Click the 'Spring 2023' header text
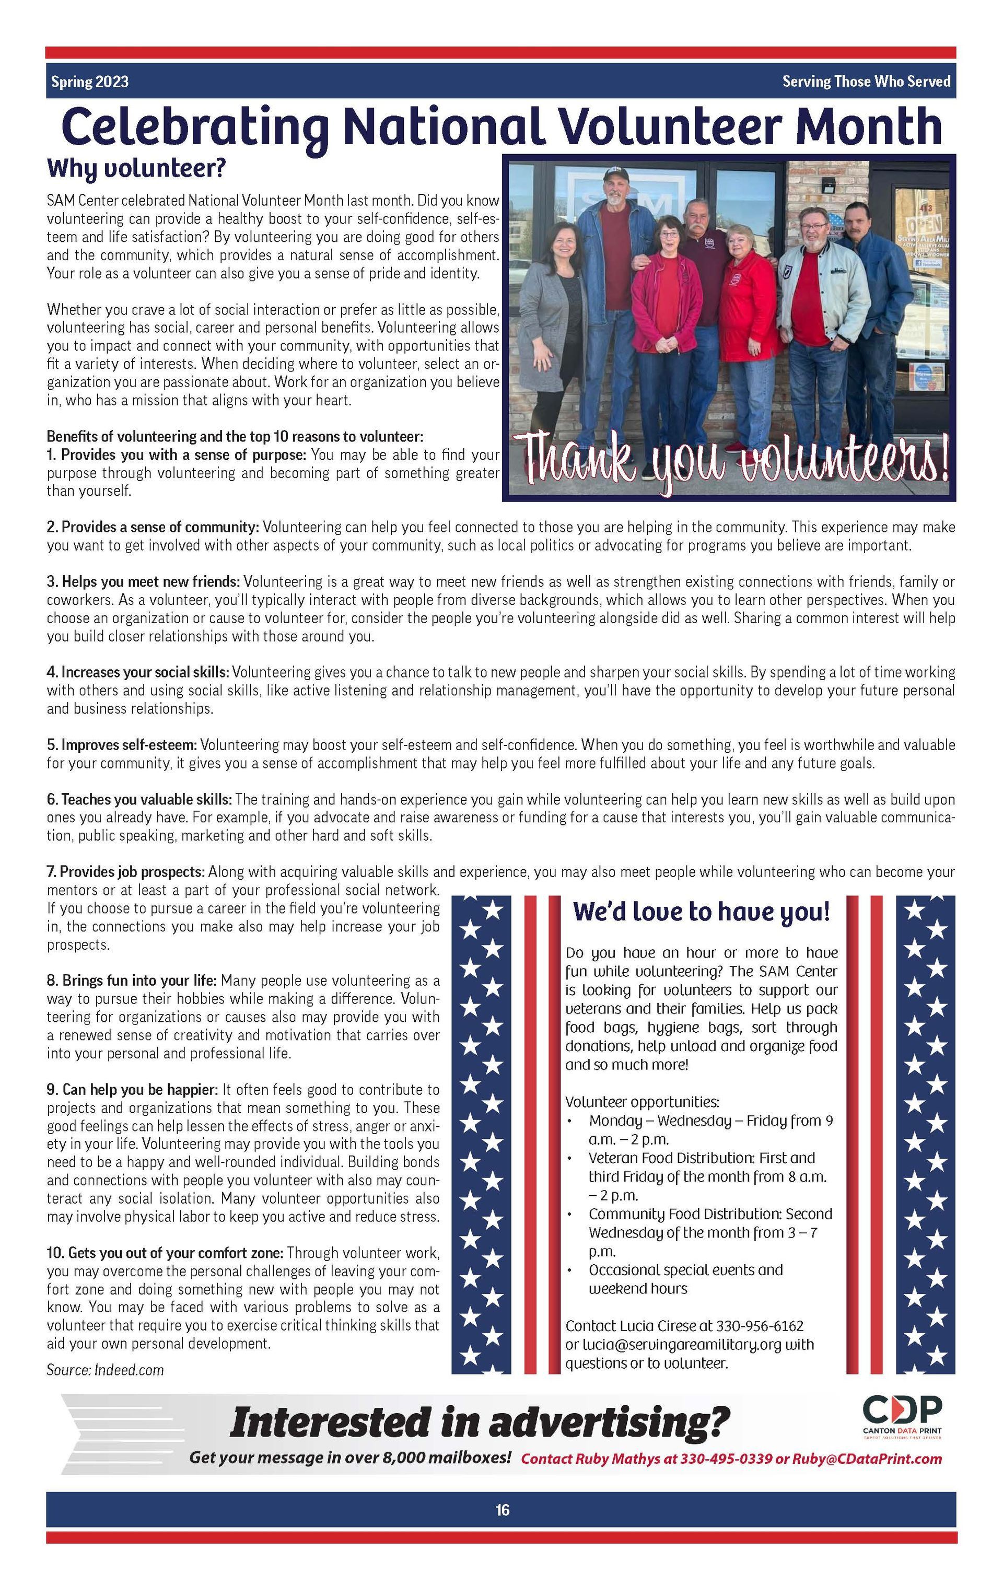(89, 81)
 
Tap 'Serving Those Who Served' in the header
(866, 81)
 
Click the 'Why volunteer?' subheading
(136, 169)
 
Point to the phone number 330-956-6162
(760, 1326)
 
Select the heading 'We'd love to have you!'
(702, 912)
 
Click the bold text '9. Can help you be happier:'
(132, 1089)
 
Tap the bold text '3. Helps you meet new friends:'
(143, 582)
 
